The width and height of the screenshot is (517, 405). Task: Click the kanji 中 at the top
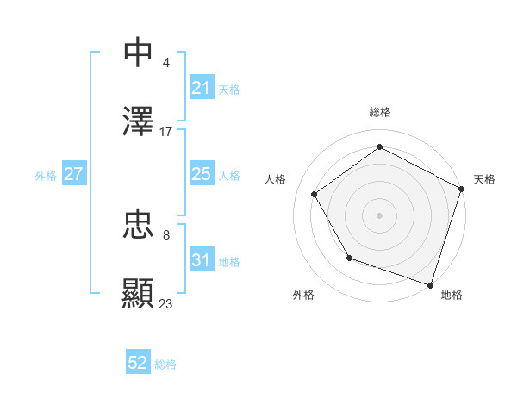[x=138, y=53]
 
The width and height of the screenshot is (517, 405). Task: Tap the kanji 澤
[x=138, y=121]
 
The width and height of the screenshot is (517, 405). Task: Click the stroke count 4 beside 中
[x=165, y=63]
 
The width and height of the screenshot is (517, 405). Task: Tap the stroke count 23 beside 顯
[x=166, y=304]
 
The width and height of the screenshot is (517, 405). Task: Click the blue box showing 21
[x=201, y=88]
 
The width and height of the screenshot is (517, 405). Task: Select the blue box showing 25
[x=201, y=174]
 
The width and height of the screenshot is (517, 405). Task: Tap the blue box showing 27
[x=74, y=174]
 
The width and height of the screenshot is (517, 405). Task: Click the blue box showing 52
[x=138, y=364]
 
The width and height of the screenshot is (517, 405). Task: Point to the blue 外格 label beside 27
[x=46, y=175]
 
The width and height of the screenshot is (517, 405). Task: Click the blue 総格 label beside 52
[x=165, y=364]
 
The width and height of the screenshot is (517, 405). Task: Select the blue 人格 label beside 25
[x=229, y=175]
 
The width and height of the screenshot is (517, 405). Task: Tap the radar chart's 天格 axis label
[x=484, y=179]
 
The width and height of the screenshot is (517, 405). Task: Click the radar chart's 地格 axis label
[x=452, y=295]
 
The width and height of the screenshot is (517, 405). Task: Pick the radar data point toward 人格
[x=314, y=194]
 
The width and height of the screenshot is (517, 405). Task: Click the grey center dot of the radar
[x=379, y=215]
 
